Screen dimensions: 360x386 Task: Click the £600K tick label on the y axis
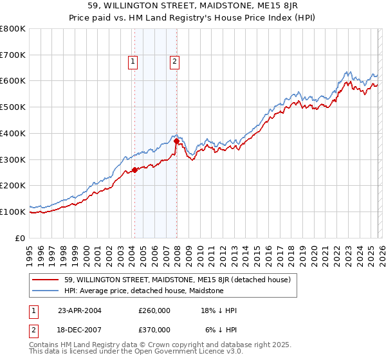click(13, 81)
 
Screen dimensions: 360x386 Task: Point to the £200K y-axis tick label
click(13, 186)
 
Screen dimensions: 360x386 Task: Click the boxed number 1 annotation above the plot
click(133, 62)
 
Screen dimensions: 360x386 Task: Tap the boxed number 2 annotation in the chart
click(174, 62)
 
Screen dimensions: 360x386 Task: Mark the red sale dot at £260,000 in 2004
click(134, 170)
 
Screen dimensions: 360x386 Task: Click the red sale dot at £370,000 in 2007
click(176, 141)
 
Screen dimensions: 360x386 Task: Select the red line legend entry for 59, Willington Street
click(178, 280)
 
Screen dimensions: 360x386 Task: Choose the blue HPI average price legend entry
click(143, 291)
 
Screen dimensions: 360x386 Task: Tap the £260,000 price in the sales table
click(154, 310)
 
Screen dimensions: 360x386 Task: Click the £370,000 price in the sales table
click(154, 329)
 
